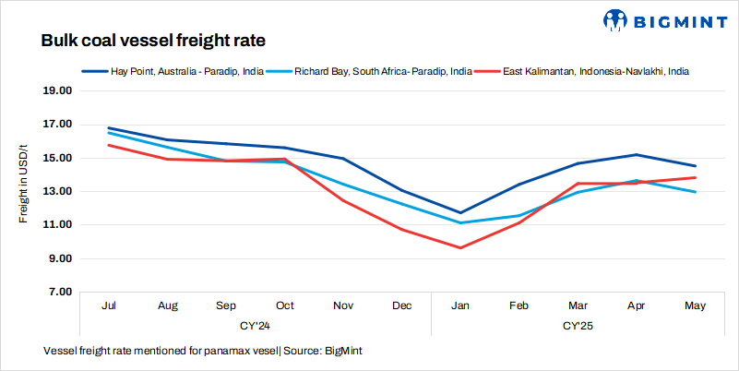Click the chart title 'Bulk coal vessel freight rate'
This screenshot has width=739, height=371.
(153, 42)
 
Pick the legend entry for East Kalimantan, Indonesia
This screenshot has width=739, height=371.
(595, 70)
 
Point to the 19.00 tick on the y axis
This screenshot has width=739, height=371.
(58, 91)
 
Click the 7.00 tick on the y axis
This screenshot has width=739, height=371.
(60, 292)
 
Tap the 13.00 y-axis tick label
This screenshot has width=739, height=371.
(58, 191)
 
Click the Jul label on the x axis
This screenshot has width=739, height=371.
(110, 305)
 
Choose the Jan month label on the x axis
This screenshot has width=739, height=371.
(460, 305)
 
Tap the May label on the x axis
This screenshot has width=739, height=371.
(695, 305)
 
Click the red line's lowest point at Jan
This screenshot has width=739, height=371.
(460, 247)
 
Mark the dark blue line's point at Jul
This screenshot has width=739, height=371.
(110, 128)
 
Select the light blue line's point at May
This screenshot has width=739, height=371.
(695, 192)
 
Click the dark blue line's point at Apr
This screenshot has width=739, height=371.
(637, 155)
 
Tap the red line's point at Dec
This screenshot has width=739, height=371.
(402, 229)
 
